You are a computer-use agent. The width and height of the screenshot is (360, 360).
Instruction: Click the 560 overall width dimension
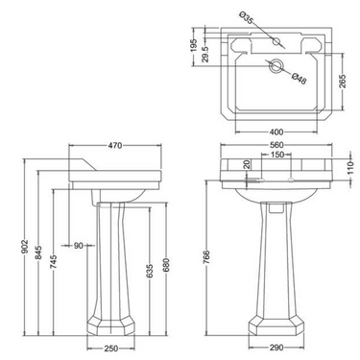pyautogui.click(x=276, y=148)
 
